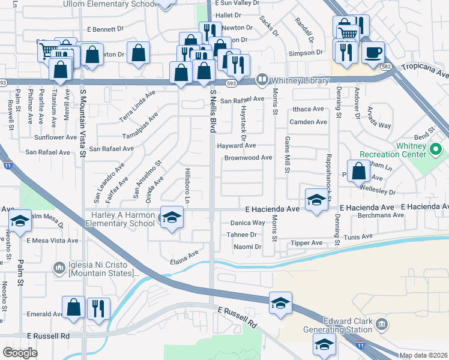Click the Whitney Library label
300,80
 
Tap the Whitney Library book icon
262,79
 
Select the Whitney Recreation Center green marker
436,148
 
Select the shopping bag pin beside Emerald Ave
74,307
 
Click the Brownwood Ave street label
249,158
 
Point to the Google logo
20,353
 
